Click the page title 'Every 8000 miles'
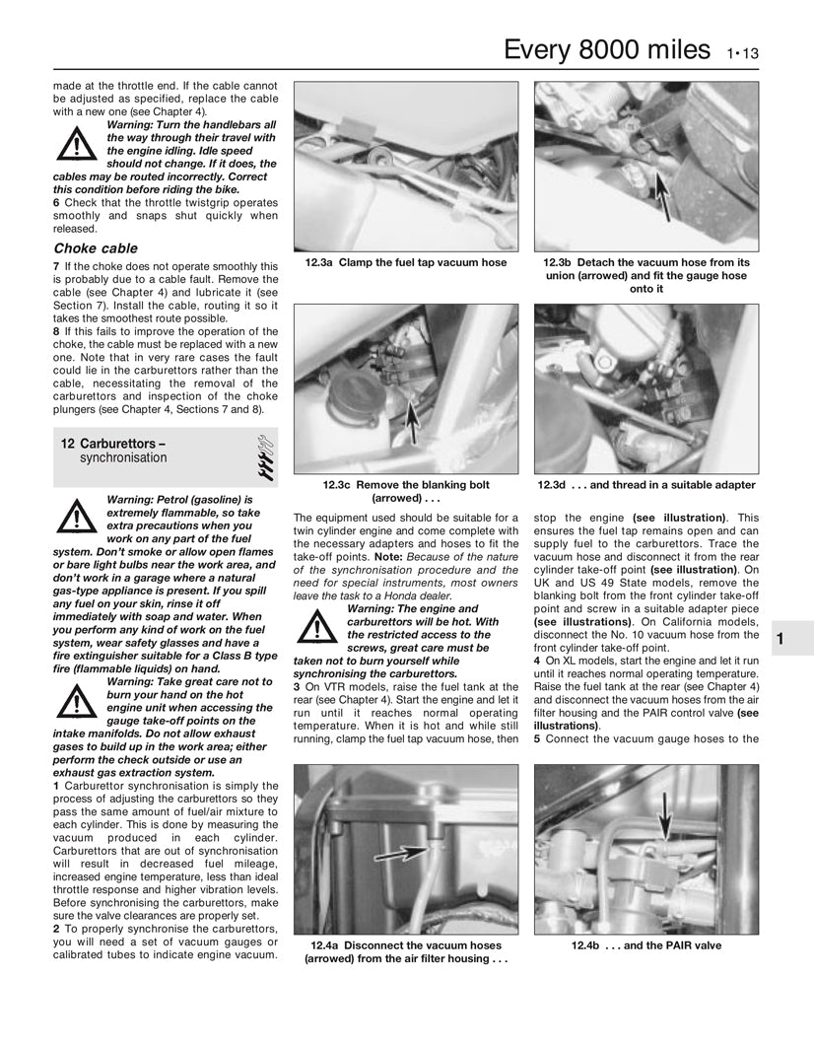(606, 50)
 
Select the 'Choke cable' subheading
(96, 248)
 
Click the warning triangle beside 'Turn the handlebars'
(76, 145)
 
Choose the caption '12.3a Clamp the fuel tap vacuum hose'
(406, 263)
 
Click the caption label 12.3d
(559, 485)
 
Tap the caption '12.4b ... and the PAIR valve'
(646, 945)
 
